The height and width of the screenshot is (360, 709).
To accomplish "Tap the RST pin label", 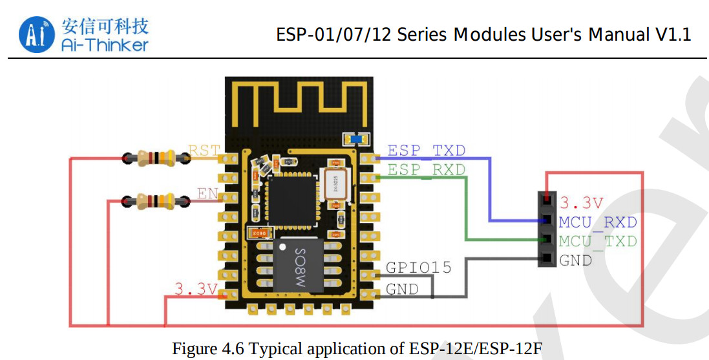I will point(204,151).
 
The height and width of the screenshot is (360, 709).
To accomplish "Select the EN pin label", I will point(208,193).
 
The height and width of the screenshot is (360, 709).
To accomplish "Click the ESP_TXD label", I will point(426,151).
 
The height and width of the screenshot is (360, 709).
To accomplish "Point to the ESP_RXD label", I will point(426,169).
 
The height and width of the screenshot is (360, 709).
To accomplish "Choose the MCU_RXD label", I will point(598,222).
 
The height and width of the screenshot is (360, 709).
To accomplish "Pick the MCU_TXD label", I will point(598,241).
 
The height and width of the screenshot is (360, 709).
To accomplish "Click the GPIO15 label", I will point(418,268).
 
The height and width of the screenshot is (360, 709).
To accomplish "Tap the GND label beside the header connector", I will point(575,260).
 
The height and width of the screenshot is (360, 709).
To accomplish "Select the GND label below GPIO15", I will point(402,289).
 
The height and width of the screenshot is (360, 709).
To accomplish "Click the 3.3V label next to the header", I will point(581,203).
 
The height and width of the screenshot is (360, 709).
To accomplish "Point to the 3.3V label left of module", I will point(196,289).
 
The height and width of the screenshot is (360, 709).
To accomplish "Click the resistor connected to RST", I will point(149,156).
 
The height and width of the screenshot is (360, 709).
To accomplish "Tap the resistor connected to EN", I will point(149,201).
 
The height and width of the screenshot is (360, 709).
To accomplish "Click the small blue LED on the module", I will point(357,138).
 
